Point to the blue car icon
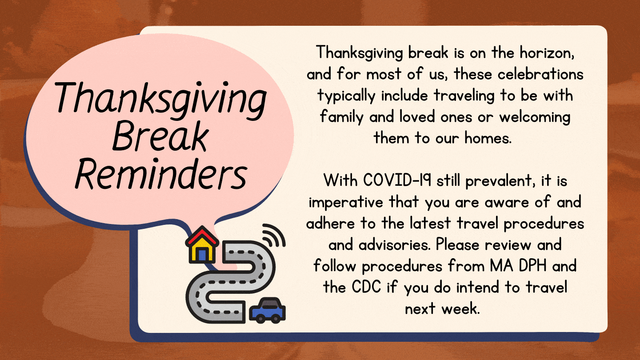(x=267, y=310)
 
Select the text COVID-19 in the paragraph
(x=397, y=180)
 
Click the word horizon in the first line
(x=547, y=53)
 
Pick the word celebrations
(x=540, y=74)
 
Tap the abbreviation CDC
(x=366, y=287)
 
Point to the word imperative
(x=346, y=203)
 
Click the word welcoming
(x=535, y=118)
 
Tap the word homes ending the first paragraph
(x=488, y=138)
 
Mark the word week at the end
(x=460, y=308)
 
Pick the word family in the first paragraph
(x=341, y=118)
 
